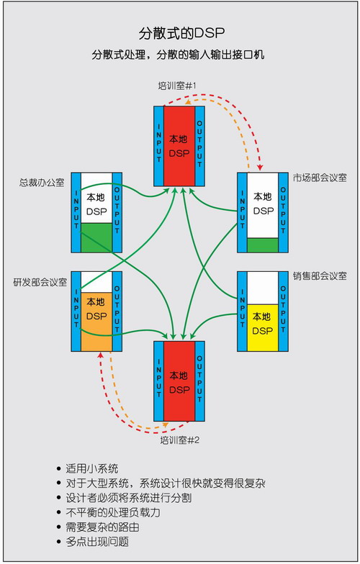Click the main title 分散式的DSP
tap(181, 33)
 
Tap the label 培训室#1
tap(177, 86)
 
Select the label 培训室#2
tap(180, 440)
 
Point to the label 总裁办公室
tap(42, 183)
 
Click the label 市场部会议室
tap(320, 178)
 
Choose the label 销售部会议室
tap(320, 276)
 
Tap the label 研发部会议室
tap(40, 282)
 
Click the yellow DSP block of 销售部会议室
tap(263, 328)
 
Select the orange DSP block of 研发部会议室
tap(96, 322)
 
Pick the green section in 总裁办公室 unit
tap(96, 237)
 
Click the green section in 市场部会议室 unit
tap(263, 245)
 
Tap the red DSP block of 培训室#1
tap(179, 146)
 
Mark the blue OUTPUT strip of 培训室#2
tap(200, 381)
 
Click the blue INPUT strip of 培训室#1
tap(158, 146)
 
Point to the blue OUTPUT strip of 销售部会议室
tap(284, 311)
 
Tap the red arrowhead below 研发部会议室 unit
tap(101, 355)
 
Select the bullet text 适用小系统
tap(92, 469)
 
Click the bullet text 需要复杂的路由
tap(102, 527)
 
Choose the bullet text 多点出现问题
tap(97, 542)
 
